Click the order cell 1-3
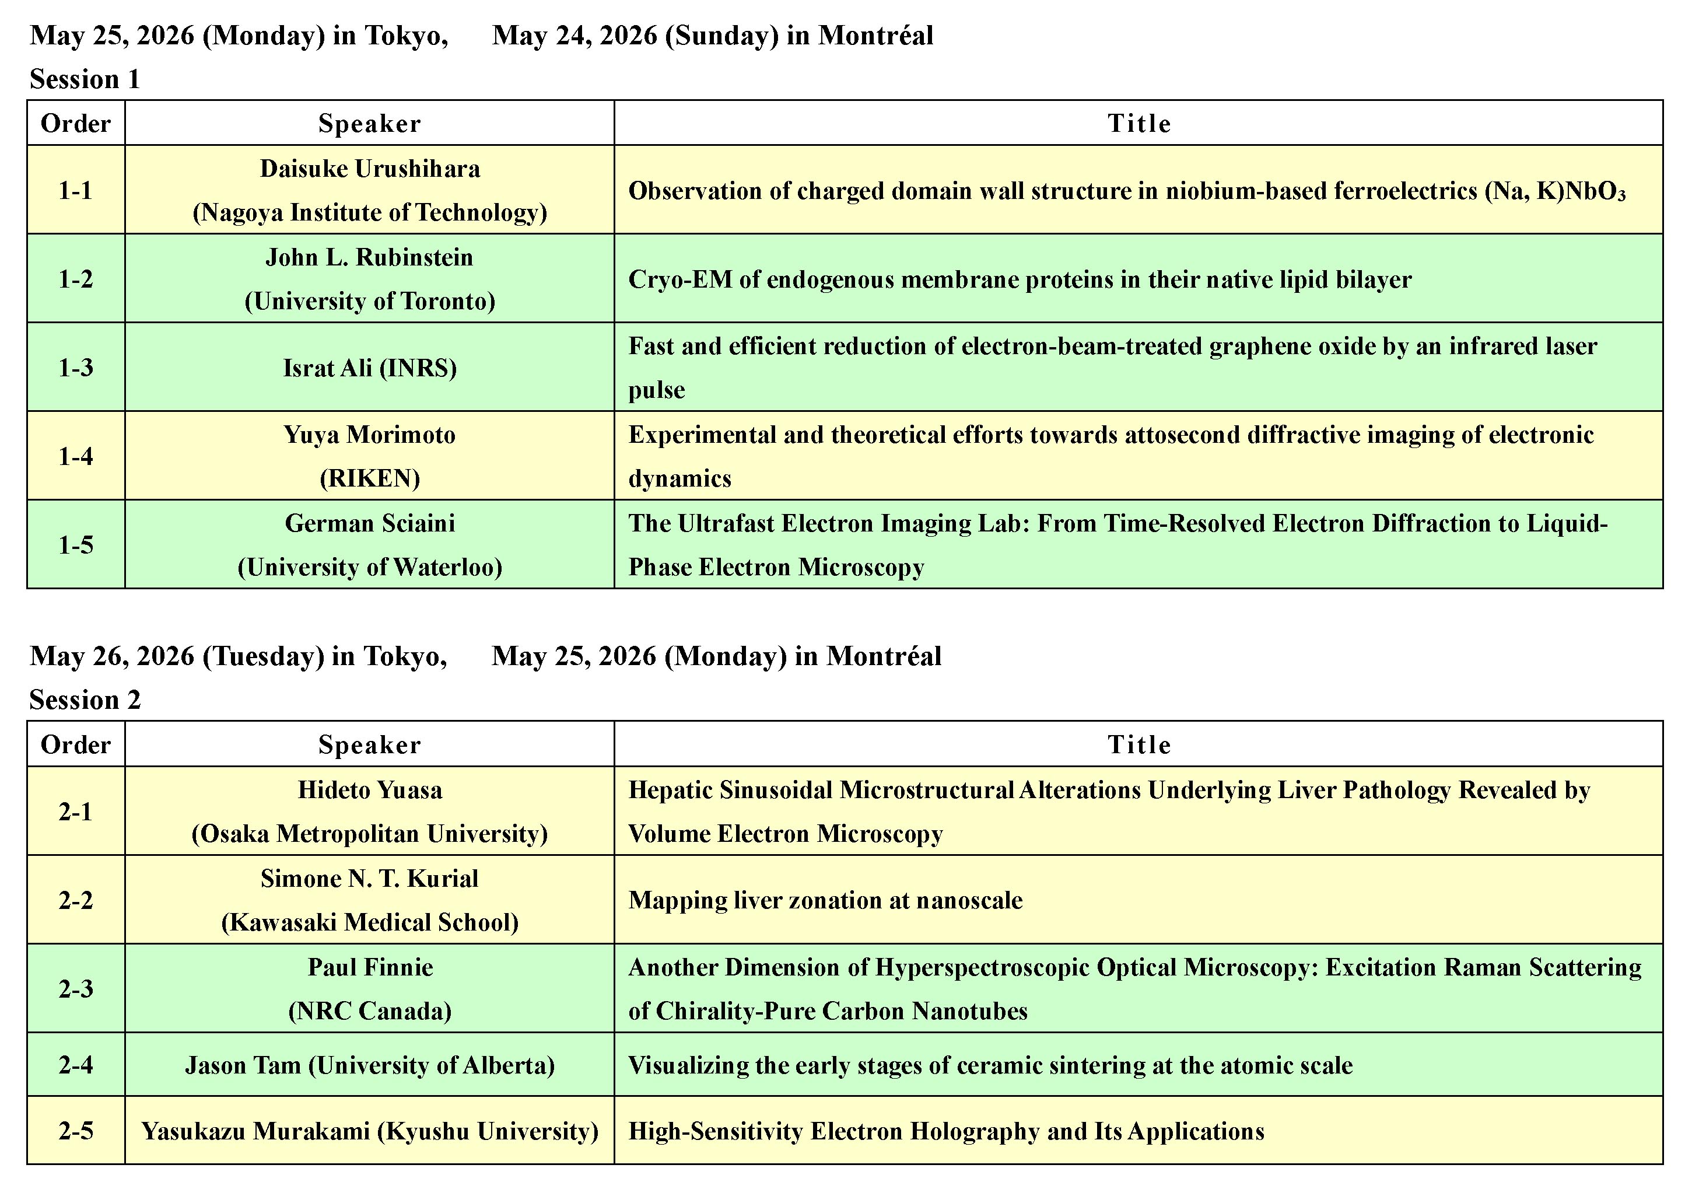[76, 367]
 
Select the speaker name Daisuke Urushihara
[369, 169]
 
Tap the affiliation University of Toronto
[369, 301]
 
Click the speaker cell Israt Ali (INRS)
[369, 367]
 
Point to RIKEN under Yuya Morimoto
[369, 478]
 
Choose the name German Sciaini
[369, 523]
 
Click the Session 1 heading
[85, 79]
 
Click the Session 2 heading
[85, 700]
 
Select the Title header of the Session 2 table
[1138, 744]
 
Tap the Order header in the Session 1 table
[76, 123]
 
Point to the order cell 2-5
[76, 1131]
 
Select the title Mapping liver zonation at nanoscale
[825, 900]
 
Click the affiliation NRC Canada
[369, 1010]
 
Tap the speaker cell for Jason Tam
[369, 1065]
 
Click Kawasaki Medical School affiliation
[369, 922]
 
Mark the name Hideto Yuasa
[369, 790]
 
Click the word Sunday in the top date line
[721, 36]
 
